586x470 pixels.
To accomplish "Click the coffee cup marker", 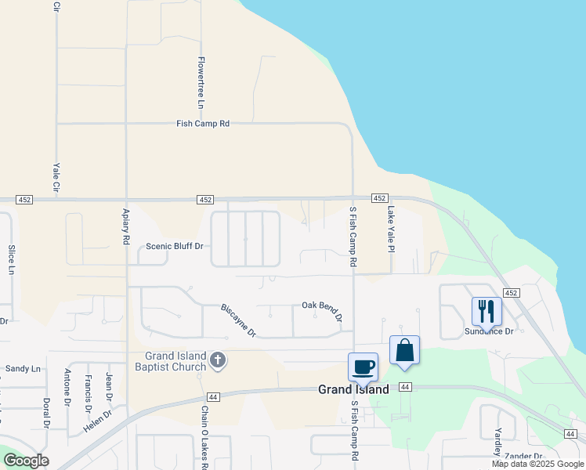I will (363, 366).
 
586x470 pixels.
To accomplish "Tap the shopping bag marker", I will (404, 349).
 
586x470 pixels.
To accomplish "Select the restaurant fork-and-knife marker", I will (487, 311).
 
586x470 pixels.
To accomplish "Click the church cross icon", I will (218, 361).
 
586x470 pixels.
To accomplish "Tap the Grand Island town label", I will (353, 389).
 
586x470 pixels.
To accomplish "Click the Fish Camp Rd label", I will (203, 124).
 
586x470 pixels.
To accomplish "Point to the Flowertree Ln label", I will (201, 82).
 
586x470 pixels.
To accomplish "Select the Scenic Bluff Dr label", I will (175, 247).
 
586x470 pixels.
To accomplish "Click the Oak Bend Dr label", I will (323, 310).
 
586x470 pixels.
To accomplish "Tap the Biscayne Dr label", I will (239, 320).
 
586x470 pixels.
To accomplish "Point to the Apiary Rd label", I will (125, 227).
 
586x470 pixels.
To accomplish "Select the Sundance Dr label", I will (489, 331).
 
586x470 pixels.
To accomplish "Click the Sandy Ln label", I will (23, 368).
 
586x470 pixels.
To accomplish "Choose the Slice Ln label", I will (12, 258).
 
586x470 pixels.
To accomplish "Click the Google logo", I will (26, 461).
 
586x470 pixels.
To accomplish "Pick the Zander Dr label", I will (524, 456).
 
